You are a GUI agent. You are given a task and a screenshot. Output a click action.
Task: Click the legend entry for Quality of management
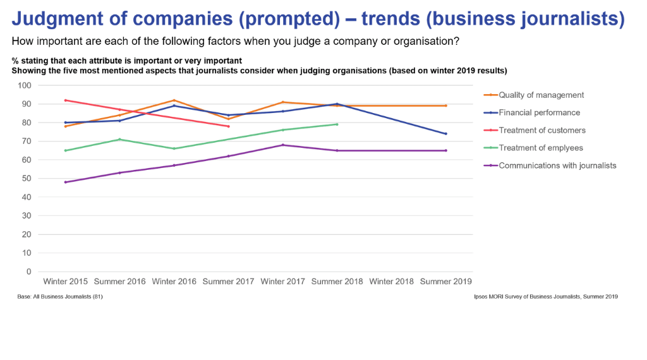(x=541, y=95)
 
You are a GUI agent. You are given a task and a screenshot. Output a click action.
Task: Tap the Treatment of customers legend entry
(x=542, y=130)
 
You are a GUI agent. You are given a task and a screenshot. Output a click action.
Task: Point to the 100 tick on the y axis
(x=25, y=85)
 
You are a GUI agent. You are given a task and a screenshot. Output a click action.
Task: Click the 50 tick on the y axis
(x=27, y=179)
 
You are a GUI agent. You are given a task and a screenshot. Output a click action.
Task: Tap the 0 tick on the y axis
(x=29, y=272)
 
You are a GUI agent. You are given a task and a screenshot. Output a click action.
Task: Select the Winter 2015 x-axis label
(x=66, y=281)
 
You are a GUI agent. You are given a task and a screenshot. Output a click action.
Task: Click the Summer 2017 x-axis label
(x=228, y=281)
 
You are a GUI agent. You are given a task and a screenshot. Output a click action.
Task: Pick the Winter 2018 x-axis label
(x=391, y=281)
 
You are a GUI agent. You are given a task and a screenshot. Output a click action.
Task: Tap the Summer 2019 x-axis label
(x=445, y=281)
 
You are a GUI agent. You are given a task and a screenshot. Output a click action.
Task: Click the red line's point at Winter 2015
(x=66, y=100)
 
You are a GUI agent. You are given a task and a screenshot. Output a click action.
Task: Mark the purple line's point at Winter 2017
(x=282, y=145)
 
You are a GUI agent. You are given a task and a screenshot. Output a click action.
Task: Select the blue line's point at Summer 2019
(x=445, y=134)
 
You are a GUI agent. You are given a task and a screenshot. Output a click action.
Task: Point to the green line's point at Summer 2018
(x=337, y=124)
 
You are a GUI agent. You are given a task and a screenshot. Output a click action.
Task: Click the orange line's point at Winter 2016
(x=174, y=100)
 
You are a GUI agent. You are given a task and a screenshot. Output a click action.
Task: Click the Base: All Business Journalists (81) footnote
(x=60, y=296)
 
